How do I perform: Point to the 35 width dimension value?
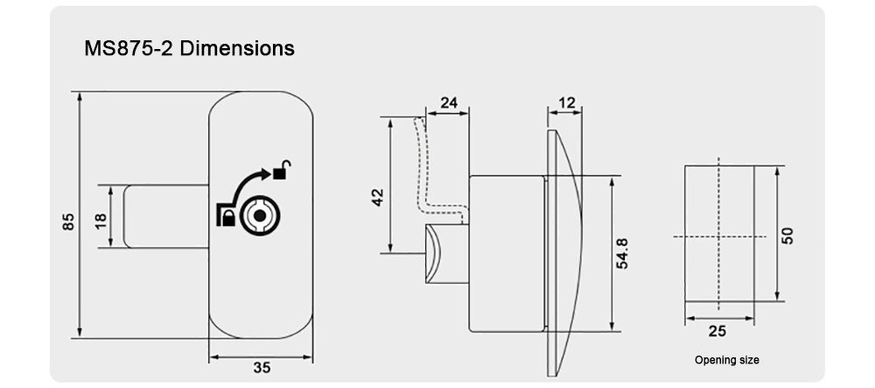[261, 368]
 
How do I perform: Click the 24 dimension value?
[448, 103]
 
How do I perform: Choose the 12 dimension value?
[566, 103]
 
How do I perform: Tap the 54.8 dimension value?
[622, 254]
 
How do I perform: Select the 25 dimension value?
[717, 331]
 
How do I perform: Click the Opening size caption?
[726, 360]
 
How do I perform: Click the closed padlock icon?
[225, 216]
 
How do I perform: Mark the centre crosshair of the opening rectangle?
[717, 237]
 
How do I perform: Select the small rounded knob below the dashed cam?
[437, 253]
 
